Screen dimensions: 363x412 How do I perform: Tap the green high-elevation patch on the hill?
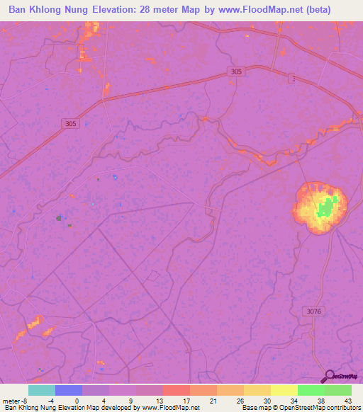point(326,209)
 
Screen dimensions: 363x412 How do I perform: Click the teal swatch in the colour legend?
point(42,390)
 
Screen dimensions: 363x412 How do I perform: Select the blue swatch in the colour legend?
point(69,390)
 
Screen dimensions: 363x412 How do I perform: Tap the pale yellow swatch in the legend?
point(284,390)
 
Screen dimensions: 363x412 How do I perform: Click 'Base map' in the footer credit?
point(256,407)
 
